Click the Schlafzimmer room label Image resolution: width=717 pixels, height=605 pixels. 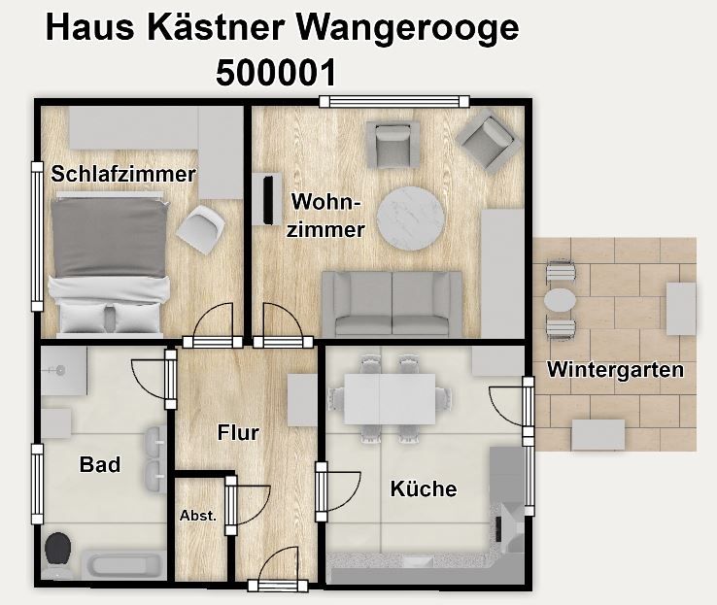coord(123,174)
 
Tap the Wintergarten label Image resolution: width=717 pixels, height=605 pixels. coord(616,370)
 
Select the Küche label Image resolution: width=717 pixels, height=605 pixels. coord(424,488)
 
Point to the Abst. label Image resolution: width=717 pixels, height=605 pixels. coord(198,516)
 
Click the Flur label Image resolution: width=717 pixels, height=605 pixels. coord(238,432)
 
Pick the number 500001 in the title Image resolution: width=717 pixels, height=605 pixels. coord(276,73)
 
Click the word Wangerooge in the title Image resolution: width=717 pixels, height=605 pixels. coord(408,29)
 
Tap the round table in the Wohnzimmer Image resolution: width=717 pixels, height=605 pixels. coord(411,218)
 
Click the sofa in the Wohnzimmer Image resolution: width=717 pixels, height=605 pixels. coord(393,304)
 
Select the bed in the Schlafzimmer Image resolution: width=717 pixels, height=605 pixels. coord(109,263)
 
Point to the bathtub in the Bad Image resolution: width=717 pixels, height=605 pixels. coord(123,565)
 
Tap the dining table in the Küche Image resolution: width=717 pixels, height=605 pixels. coord(390,398)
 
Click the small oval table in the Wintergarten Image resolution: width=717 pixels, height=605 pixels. coord(560,300)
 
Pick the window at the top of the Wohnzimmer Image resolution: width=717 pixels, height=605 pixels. coord(394,101)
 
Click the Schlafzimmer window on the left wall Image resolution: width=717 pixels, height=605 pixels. coord(37,237)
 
